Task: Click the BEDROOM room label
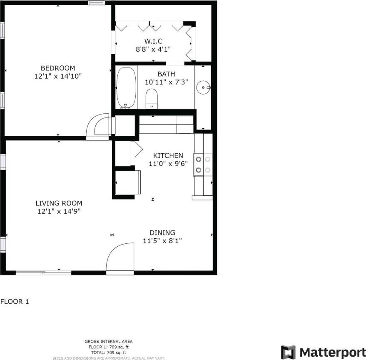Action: tap(57, 68)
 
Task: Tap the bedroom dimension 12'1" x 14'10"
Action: tap(57, 76)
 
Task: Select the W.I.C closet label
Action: tap(153, 41)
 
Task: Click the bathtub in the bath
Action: tap(126, 87)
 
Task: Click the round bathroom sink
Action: tap(203, 87)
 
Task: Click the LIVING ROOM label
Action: tap(59, 203)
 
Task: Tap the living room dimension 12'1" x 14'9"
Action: tap(59, 211)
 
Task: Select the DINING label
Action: tap(162, 232)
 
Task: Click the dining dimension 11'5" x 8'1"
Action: tap(162, 240)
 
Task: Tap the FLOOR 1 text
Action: tap(15, 301)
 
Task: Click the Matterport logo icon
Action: tap(288, 352)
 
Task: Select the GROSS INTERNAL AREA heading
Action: tap(109, 342)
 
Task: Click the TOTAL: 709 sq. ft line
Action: tap(109, 352)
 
